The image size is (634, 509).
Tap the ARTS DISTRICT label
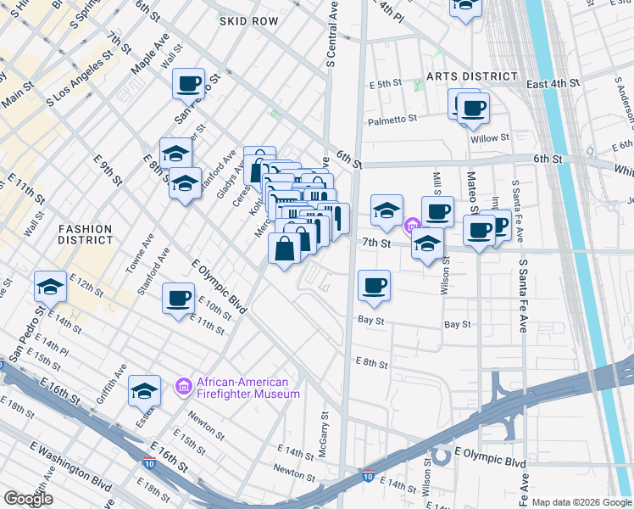point(471,76)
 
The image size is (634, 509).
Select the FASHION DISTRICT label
point(85,234)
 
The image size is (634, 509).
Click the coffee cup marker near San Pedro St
point(189,84)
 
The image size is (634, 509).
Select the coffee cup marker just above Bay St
point(373,285)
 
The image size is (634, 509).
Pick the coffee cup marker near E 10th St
point(178,298)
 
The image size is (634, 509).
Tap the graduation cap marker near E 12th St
point(50,287)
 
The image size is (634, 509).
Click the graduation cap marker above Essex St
point(145,390)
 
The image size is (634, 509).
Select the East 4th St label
point(553,84)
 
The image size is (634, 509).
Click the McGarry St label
point(323,433)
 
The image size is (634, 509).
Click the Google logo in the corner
point(28,499)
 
